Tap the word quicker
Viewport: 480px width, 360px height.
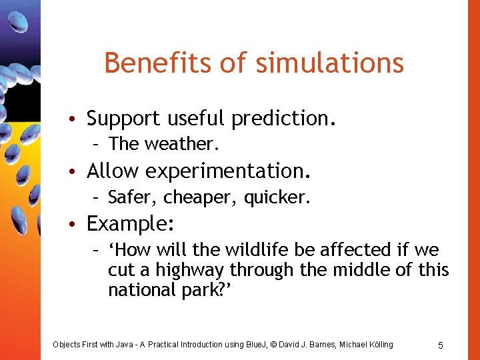(278, 197)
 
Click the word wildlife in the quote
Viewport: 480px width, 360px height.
(255, 250)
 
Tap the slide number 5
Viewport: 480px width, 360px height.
(441, 345)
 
